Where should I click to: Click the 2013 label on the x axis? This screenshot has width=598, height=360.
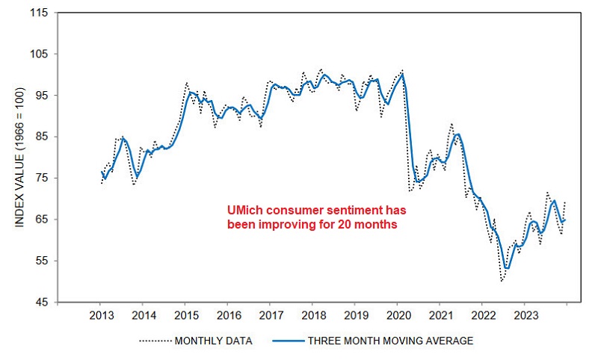[101, 314]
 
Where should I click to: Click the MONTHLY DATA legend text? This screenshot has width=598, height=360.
[213, 341]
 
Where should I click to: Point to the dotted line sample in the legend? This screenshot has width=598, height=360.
[155, 341]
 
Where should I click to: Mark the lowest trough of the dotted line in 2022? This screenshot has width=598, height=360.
[502, 281]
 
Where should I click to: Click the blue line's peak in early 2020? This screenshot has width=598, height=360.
[403, 74]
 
